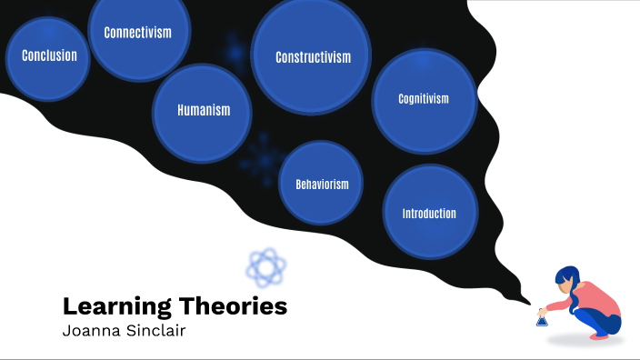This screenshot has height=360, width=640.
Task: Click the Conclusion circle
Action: (48, 56)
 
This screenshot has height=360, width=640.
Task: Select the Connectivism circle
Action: (138, 35)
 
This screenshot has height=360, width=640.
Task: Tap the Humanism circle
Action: (203, 112)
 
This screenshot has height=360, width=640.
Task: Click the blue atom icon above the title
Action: (266, 266)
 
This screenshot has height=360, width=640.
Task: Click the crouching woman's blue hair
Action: (567, 282)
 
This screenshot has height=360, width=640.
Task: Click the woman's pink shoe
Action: (600, 335)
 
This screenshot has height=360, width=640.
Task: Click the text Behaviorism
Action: (322, 185)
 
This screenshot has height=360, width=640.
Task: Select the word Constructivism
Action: (313, 57)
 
